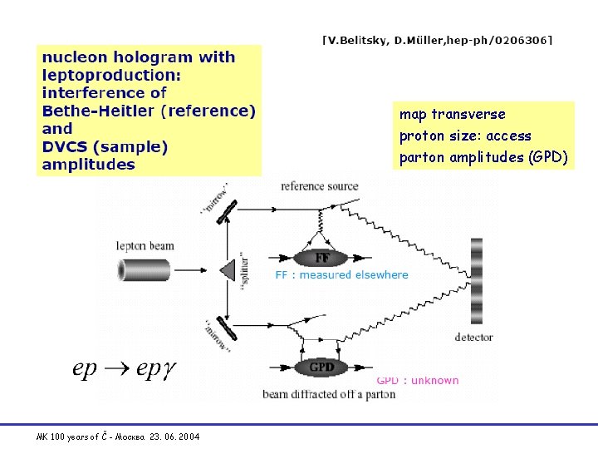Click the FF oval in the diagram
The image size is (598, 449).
coord(322,257)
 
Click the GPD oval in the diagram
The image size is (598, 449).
coord(321,367)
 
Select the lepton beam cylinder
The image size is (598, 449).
coord(145,269)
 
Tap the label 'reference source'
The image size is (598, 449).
coord(320,186)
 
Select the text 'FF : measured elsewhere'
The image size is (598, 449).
coord(341,275)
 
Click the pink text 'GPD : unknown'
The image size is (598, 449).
coord(418,381)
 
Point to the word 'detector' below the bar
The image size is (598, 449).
coord(474,337)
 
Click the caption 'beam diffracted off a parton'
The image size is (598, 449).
coord(329,393)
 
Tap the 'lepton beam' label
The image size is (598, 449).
coord(144,244)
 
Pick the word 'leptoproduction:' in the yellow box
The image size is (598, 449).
coord(110,75)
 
